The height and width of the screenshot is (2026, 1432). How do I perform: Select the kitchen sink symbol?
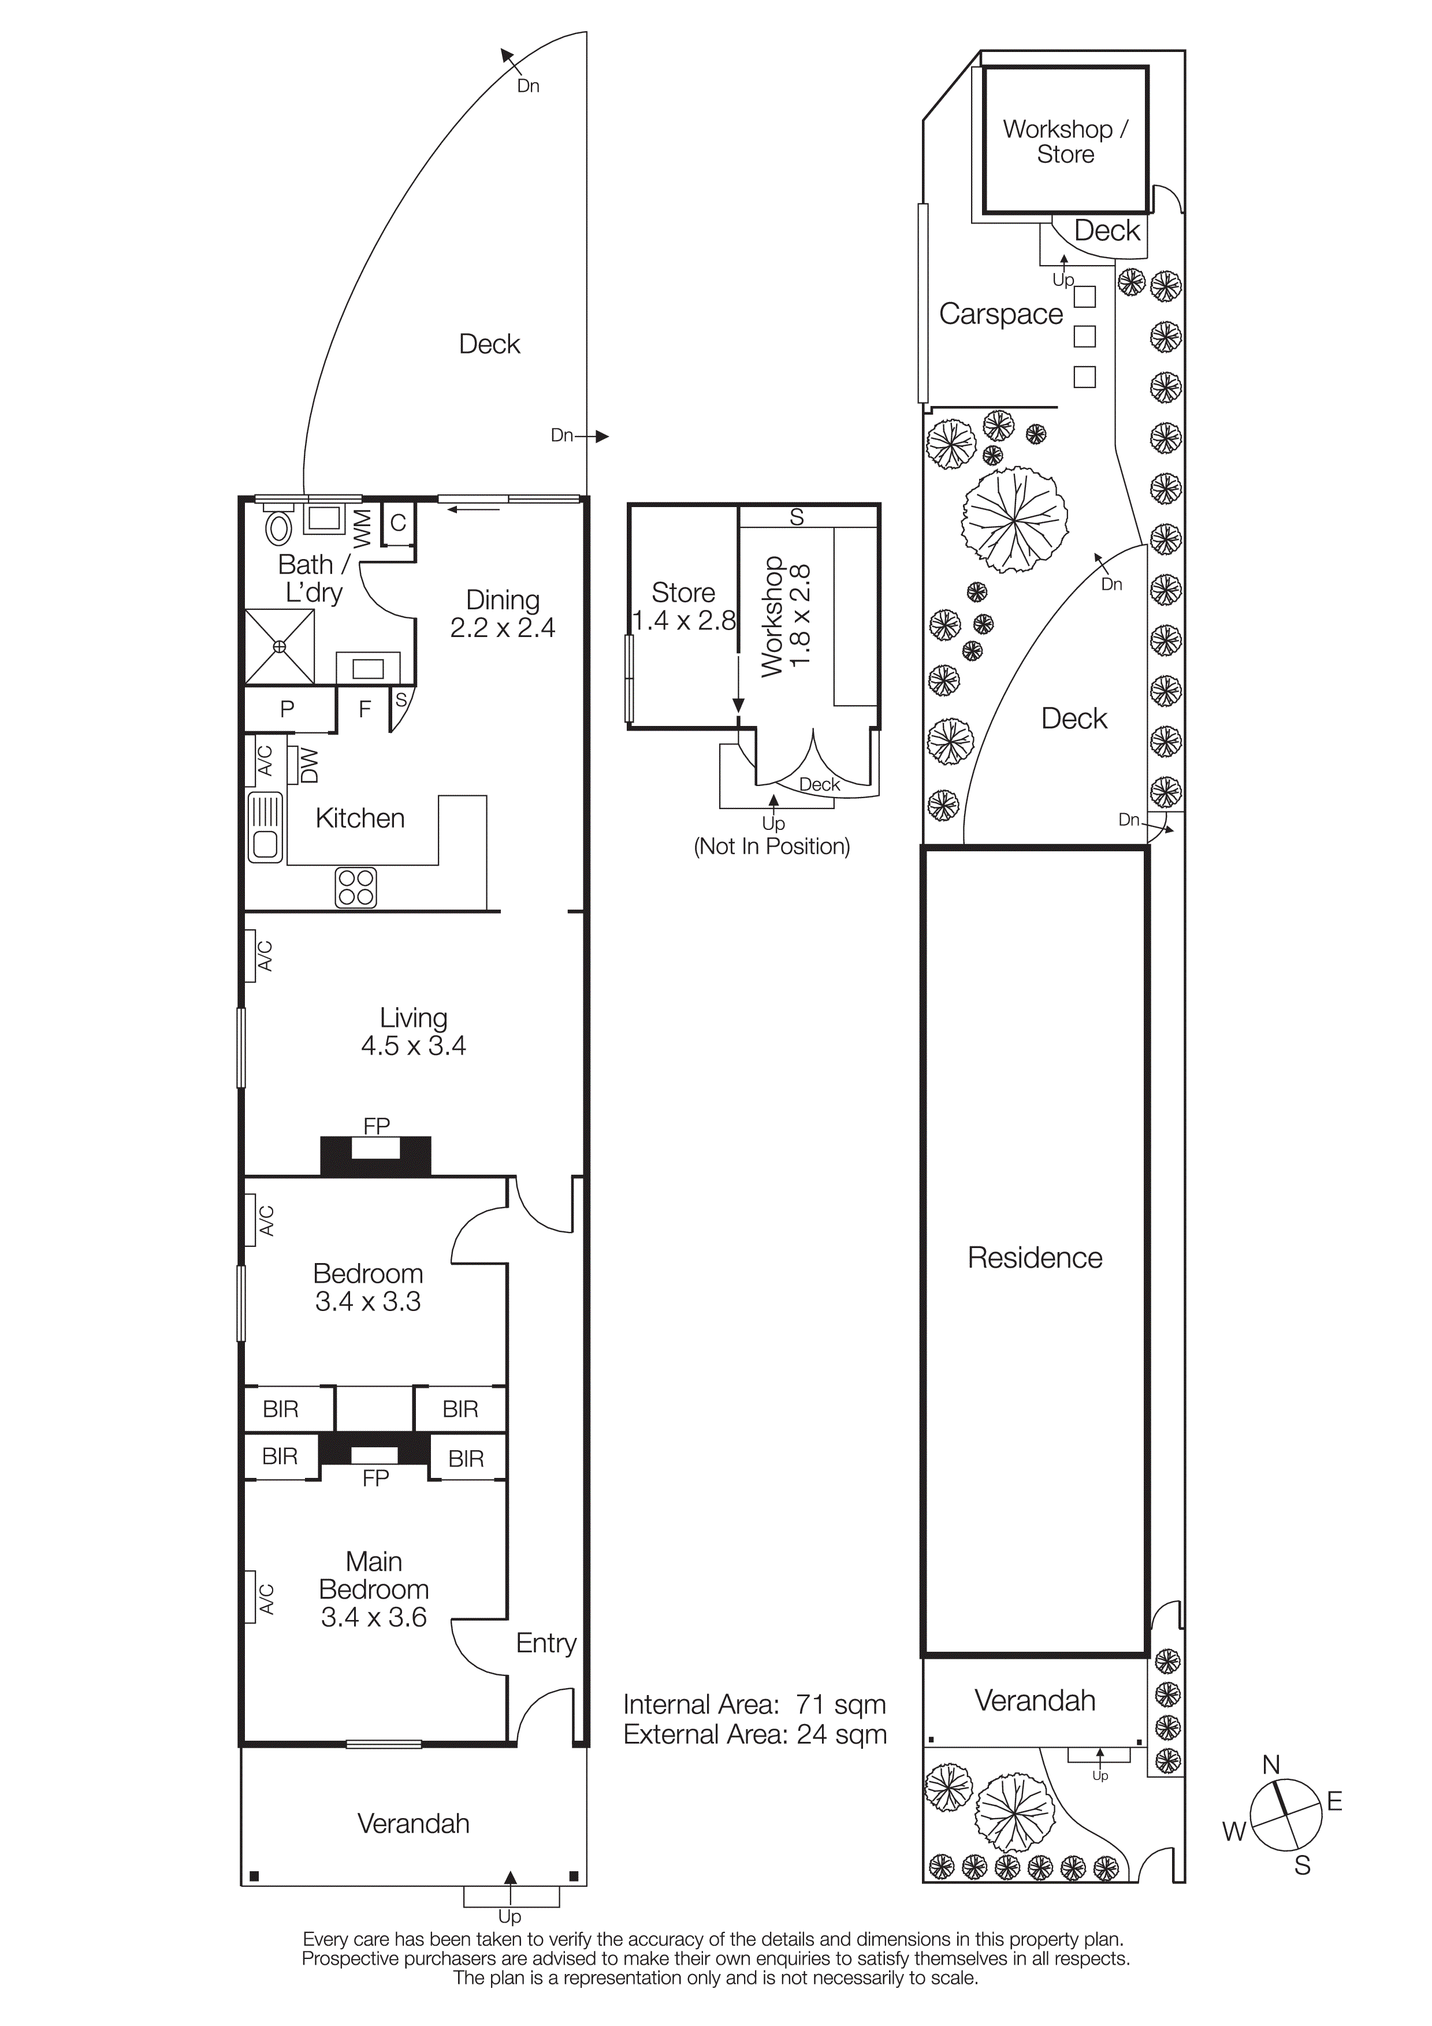(265, 827)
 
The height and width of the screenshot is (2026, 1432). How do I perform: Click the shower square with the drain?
(279, 647)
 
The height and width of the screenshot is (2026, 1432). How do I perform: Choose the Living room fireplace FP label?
(376, 1126)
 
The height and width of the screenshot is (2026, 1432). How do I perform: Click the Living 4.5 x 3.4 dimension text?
(413, 1046)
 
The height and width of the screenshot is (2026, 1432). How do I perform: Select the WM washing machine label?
(362, 527)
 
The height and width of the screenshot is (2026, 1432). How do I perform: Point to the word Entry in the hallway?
(546, 1643)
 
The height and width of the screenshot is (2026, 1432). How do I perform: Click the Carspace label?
(1000, 314)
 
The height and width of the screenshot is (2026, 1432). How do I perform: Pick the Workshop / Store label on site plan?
(1065, 141)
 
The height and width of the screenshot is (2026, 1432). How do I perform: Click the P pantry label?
(287, 709)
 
